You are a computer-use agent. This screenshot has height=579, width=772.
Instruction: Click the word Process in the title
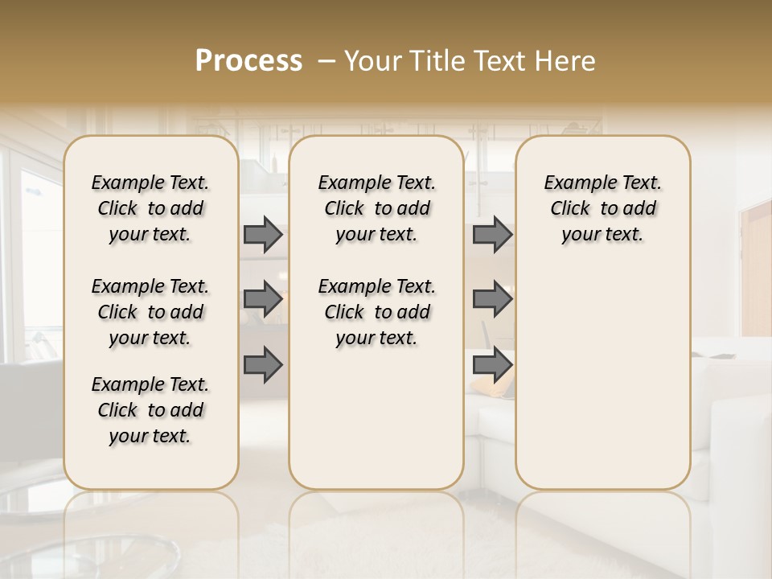point(248,61)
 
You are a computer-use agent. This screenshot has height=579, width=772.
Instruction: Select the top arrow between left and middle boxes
point(263,234)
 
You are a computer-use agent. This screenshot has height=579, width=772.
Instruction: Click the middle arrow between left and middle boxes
point(263,299)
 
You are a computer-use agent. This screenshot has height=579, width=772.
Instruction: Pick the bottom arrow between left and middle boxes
point(263,365)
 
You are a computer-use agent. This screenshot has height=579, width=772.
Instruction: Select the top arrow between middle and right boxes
point(492,234)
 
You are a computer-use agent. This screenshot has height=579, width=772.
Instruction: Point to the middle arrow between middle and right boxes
point(492,299)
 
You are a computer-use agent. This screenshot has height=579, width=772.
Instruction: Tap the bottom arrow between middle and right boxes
point(492,365)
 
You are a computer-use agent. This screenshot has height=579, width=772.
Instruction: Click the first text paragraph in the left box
point(150,208)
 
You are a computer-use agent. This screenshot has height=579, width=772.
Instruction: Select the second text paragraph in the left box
point(150,312)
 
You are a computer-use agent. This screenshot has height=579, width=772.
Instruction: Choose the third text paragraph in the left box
point(150,410)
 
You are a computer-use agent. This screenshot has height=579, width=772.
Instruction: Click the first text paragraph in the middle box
point(376,208)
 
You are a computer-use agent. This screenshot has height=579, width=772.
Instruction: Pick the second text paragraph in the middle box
point(376,312)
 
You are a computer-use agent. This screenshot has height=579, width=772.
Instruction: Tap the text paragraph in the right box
point(602,208)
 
